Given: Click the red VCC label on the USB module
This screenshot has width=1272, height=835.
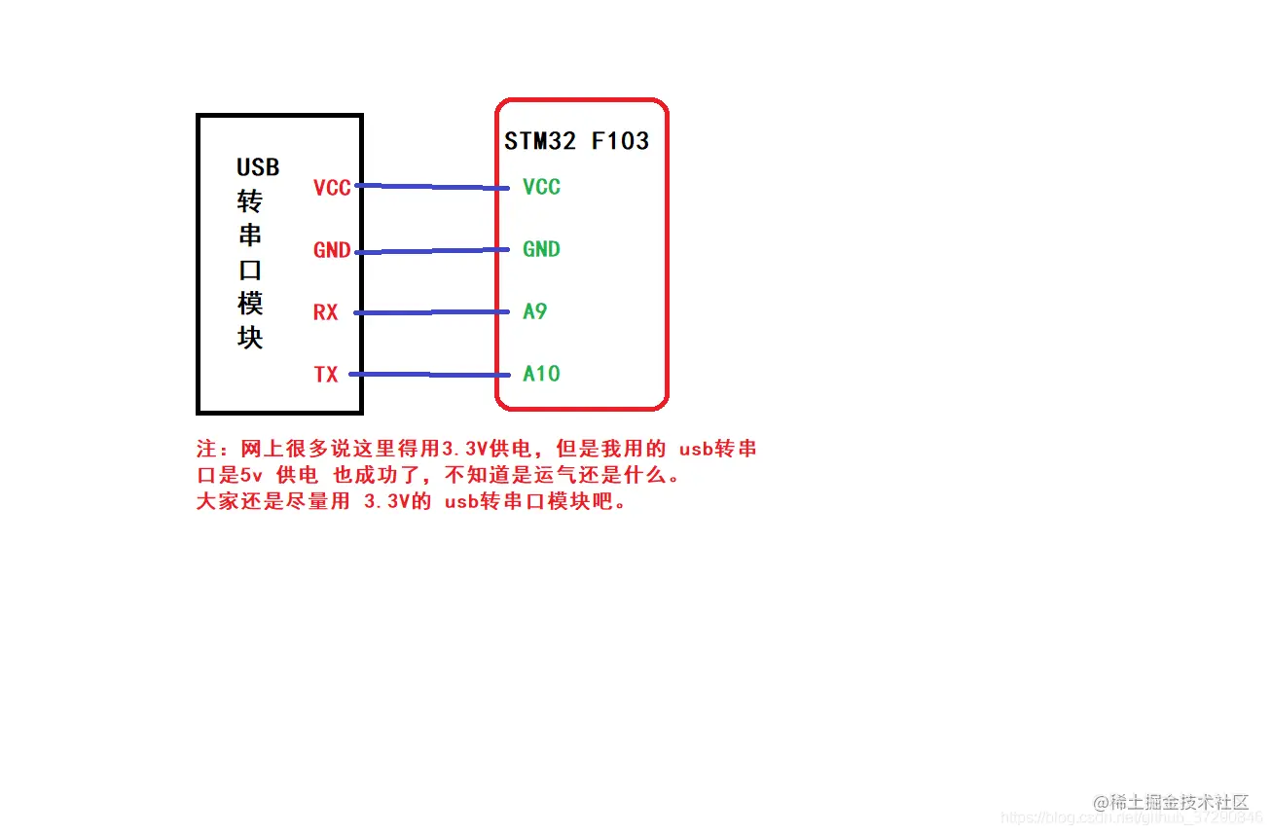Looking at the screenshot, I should click(332, 188).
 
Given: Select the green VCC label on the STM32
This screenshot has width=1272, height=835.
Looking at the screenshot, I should click(541, 187).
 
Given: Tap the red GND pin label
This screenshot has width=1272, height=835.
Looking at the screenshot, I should click(332, 250).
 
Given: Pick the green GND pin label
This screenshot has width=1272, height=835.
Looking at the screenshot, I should click(541, 249).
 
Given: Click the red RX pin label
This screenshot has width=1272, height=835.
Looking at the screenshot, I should click(325, 312).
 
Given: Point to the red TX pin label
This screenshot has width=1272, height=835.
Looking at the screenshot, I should click(325, 375).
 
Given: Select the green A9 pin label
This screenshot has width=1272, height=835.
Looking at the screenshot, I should click(534, 311).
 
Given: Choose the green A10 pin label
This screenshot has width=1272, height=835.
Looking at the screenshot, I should click(541, 374).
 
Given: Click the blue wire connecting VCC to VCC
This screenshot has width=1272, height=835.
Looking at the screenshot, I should click(433, 187).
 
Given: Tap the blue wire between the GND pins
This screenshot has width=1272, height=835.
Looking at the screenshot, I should click(433, 251).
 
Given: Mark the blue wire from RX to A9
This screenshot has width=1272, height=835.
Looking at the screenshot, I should click(433, 312).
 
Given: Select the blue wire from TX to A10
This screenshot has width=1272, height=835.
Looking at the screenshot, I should click(433, 375).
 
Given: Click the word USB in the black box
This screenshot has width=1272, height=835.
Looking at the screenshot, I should click(258, 167).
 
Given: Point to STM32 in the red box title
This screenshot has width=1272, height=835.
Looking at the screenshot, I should click(540, 141).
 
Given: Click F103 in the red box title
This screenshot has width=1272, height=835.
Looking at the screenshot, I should click(620, 141).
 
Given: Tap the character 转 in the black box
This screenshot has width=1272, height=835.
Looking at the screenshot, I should click(251, 202).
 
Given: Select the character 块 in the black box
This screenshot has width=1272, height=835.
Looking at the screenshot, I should click(251, 338).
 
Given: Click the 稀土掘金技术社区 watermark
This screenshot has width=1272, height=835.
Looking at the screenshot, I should click(1180, 803).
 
